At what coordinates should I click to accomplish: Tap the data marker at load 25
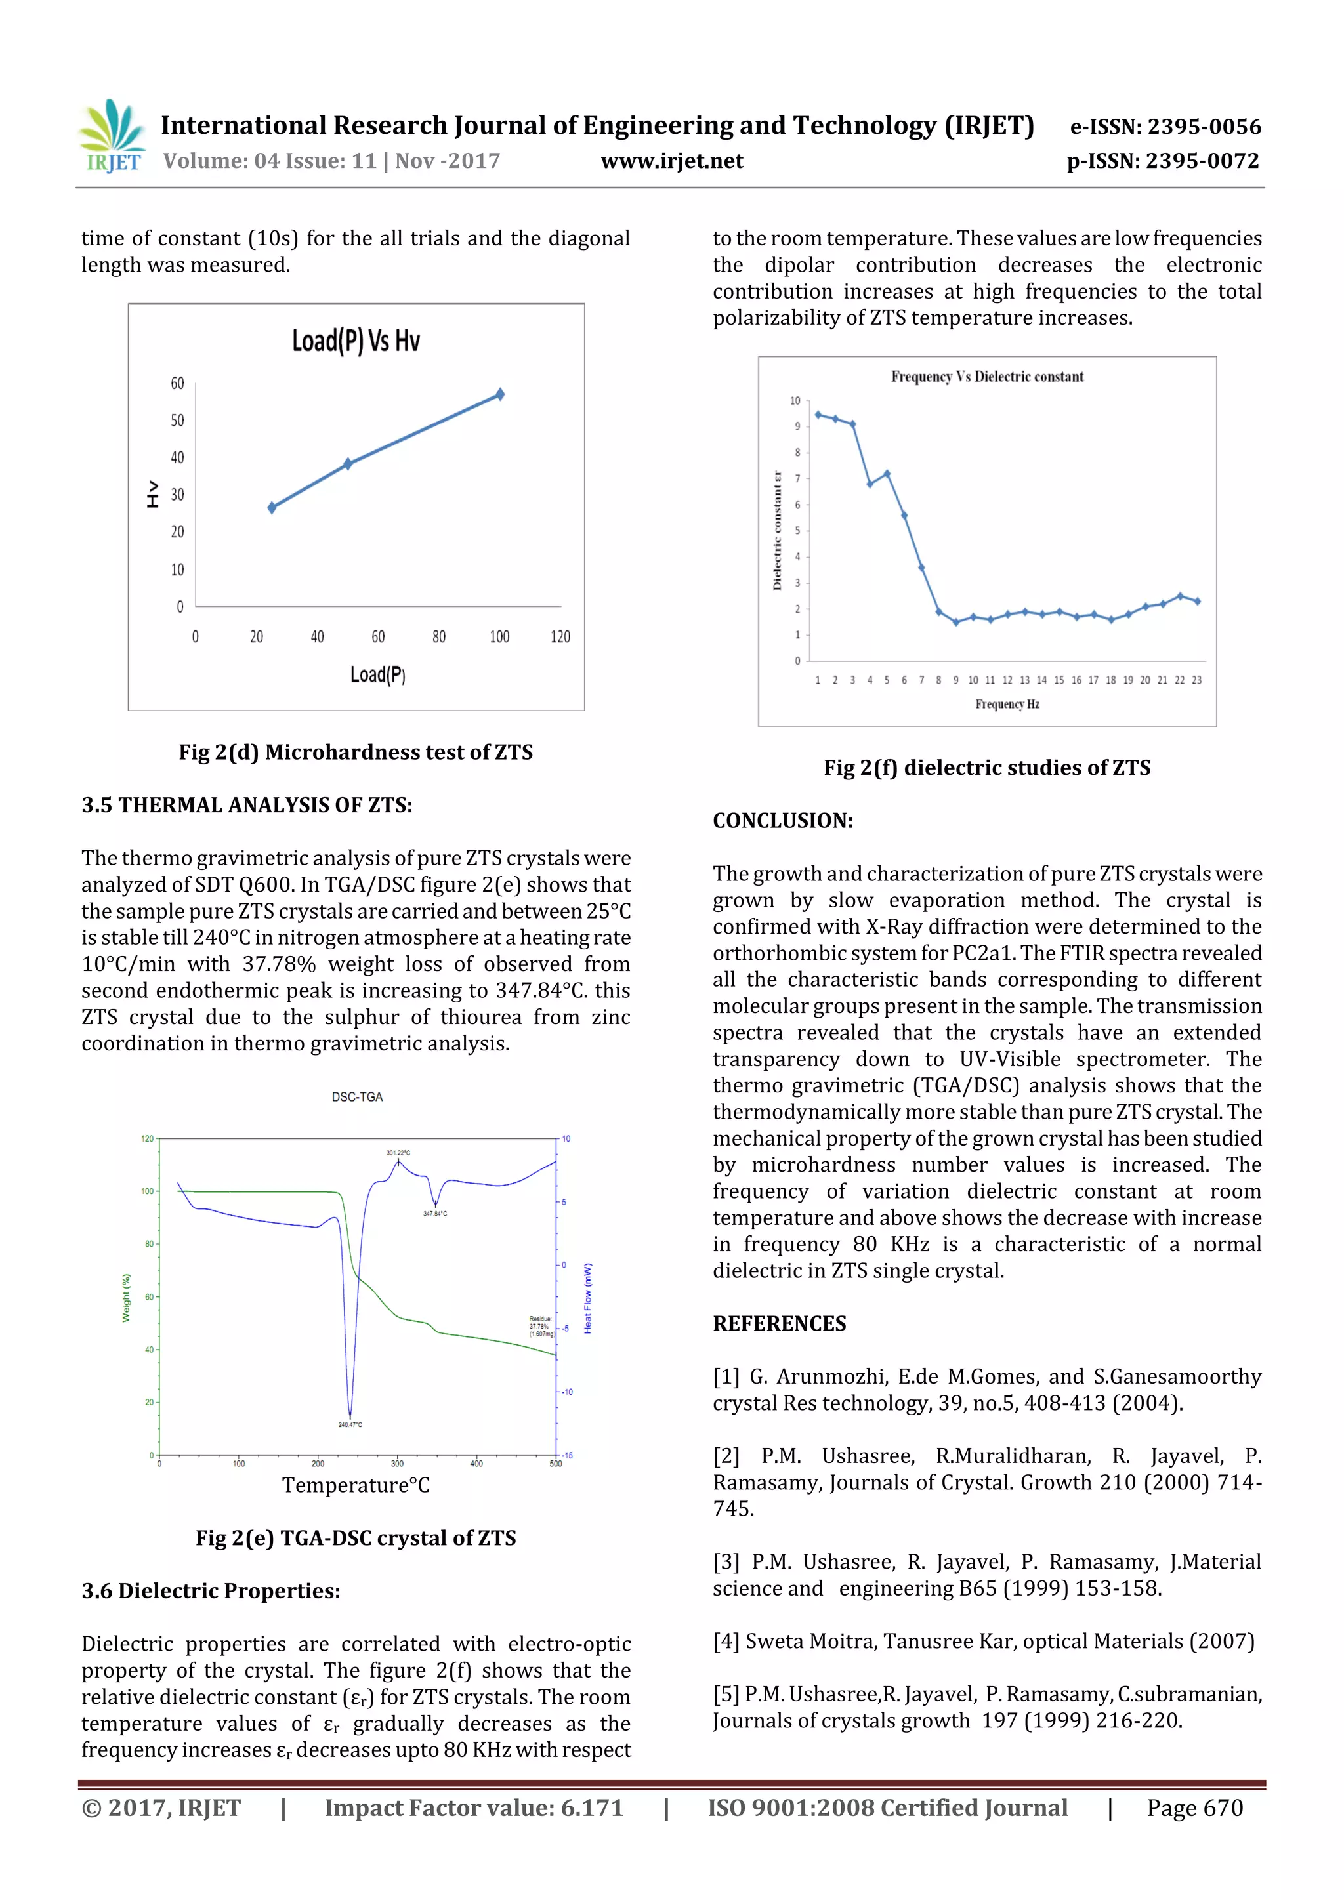(272, 507)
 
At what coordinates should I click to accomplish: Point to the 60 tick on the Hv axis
(177, 383)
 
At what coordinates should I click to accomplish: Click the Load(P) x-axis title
(377, 674)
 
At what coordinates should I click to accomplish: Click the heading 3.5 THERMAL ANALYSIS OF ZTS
(247, 805)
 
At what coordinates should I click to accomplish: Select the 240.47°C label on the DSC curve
(350, 1424)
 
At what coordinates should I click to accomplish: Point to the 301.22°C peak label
(398, 1153)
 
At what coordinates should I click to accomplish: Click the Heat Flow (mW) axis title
(587, 1298)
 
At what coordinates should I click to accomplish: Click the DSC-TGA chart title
(358, 1096)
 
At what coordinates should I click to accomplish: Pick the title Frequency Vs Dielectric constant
(986, 377)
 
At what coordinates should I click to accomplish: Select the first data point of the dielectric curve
(818, 415)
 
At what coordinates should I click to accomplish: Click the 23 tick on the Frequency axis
(1197, 680)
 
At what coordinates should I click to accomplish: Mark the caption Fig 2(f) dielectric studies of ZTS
(986, 768)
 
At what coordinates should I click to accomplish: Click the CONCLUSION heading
(783, 821)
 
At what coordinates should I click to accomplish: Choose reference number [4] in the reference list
(726, 1642)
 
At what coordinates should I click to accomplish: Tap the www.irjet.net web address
(672, 161)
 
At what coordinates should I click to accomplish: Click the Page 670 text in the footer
(1194, 1808)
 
